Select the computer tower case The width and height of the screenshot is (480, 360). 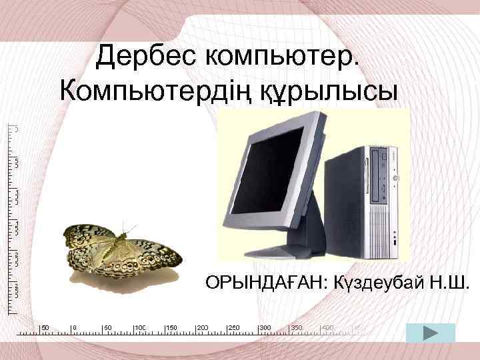(x=380, y=200)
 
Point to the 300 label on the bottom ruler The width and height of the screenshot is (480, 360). (x=265, y=328)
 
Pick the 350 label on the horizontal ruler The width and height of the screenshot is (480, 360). (x=297, y=328)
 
